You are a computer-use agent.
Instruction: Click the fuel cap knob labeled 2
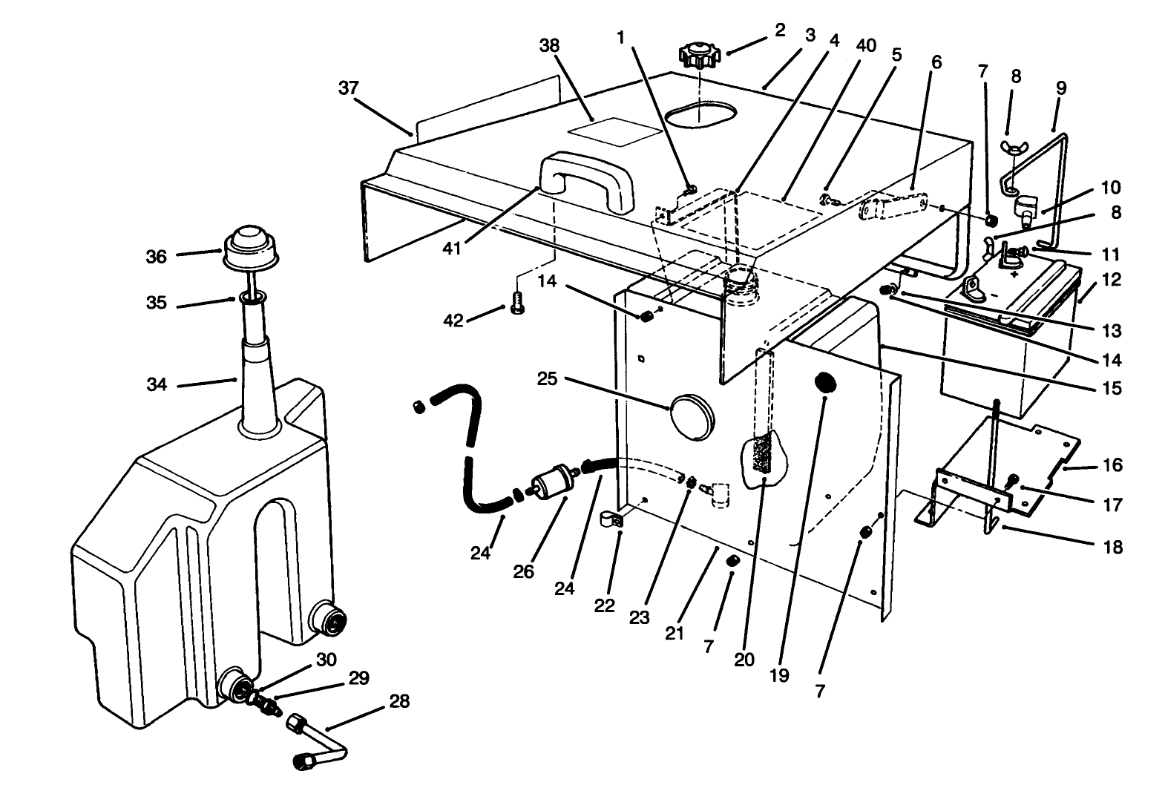click(x=698, y=56)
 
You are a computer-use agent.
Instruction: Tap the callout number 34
click(x=156, y=384)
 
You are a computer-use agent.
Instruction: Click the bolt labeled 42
click(x=519, y=304)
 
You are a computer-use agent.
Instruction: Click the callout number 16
click(x=1112, y=465)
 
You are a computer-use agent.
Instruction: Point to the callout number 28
click(x=399, y=701)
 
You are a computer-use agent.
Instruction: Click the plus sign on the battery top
click(x=1014, y=272)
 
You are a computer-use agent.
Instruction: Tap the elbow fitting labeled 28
click(x=315, y=742)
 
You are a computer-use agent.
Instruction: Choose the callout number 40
click(x=865, y=46)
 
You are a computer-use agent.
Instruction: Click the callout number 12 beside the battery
click(x=1112, y=280)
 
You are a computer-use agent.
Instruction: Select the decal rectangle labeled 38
click(x=614, y=131)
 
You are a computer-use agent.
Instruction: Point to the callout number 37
click(x=348, y=88)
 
